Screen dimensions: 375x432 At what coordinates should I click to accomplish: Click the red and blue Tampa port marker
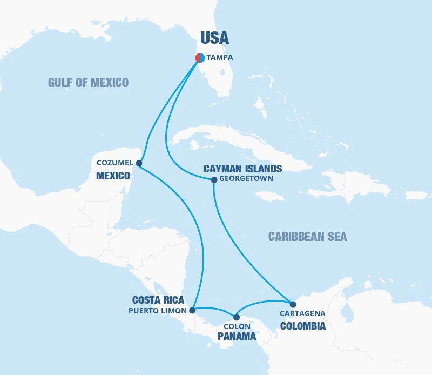pos(199,57)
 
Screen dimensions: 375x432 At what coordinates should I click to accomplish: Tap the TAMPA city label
pos(220,57)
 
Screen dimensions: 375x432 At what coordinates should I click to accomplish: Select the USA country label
pos(214,37)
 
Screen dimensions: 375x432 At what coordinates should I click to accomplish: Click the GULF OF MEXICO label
pos(88,82)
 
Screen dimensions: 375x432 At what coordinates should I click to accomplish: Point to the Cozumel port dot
pos(139,163)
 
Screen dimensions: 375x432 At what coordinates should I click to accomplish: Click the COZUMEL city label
pos(115,162)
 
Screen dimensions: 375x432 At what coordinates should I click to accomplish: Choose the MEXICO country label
pos(113,176)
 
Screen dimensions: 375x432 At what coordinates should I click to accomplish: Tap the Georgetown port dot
pos(214,179)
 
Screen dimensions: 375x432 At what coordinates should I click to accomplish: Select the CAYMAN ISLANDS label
pos(242,169)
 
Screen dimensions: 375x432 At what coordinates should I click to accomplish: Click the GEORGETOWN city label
pos(246,179)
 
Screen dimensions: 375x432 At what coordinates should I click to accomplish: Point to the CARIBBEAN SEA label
pos(307,237)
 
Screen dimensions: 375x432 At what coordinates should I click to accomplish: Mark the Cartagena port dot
pos(293,304)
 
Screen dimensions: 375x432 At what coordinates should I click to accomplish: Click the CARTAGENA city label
pos(302,313)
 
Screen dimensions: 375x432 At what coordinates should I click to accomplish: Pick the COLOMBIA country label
pos(302,326)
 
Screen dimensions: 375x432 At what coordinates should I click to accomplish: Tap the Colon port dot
pos(237,317)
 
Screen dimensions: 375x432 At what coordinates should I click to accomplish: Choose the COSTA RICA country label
pos(158,300)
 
